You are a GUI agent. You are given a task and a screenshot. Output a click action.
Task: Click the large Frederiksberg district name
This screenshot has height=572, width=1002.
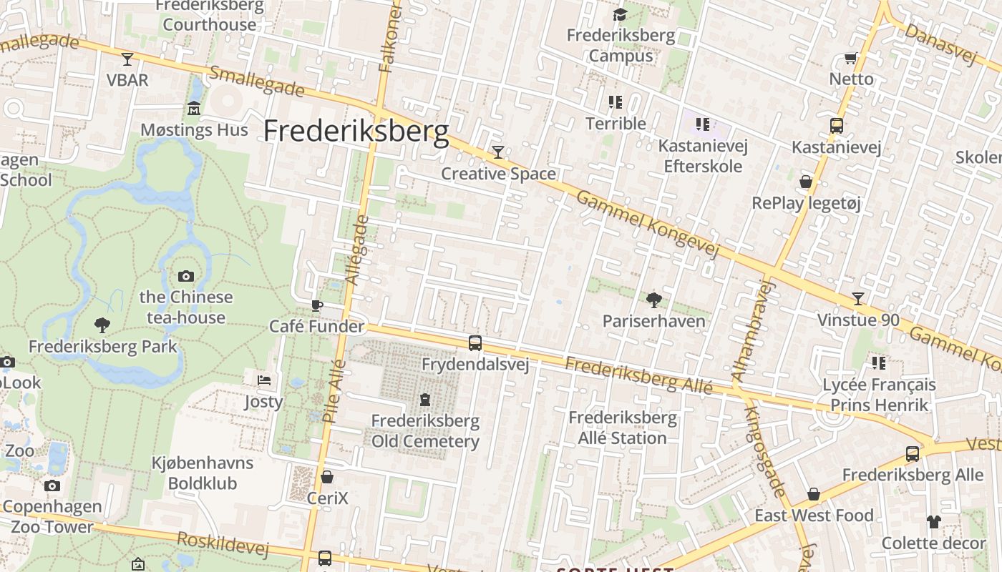pyautogui.click(x=356, y=132)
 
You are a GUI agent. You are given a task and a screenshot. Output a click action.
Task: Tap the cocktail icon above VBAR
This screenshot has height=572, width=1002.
pyautogui.click(x=127, y=59)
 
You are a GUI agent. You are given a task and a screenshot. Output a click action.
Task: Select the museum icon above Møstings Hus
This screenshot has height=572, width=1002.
pyautogui.click(x=194, y=109)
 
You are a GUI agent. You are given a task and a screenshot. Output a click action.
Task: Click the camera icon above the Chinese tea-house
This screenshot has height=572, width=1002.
pyautogui.click(x=186, y=276)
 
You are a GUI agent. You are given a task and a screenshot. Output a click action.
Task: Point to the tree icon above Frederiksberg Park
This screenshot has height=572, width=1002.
pyautogui.click(x=102, y=325)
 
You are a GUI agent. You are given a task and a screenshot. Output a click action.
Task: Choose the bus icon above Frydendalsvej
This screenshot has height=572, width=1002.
pyautogui.click(x=475, y=343)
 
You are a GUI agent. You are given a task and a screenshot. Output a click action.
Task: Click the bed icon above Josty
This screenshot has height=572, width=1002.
pyautogui.click(x=264, y=380)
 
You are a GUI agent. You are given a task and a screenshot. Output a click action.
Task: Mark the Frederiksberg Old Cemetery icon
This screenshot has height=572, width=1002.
pyautogui.click(x=425, y=399)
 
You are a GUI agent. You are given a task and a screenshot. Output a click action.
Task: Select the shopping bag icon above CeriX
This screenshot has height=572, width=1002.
pyautogui.click(x=327, y=477)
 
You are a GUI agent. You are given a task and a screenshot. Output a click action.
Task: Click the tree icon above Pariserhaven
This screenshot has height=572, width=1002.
pyautogui.click(x=653, y=300)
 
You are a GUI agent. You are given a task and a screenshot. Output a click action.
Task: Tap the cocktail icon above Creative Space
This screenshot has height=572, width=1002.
pyautogui.click(x=498, y=152)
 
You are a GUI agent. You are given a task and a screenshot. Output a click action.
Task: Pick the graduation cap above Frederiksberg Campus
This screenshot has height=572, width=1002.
pyautogui.click(x=621, y=14)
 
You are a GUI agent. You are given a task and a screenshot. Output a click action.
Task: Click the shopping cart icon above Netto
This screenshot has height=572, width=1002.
pyautogui.click(x=851, y=58)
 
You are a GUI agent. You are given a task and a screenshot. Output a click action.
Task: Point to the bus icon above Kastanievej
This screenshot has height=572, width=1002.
pyautogui.click(x=836, y=126)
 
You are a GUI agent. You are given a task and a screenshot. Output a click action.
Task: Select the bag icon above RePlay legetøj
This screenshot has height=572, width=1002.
pyautogui.click(x=806, y=182)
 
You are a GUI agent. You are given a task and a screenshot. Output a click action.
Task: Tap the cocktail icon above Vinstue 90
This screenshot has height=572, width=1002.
pyautogui.click(x=858, y=298)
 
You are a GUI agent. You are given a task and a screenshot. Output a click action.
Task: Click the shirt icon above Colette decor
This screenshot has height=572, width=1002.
pyautogui.click(x=933, y=522)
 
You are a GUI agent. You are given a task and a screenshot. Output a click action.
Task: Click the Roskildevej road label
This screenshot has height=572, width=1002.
pyautogui.click(x=223, y=544)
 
